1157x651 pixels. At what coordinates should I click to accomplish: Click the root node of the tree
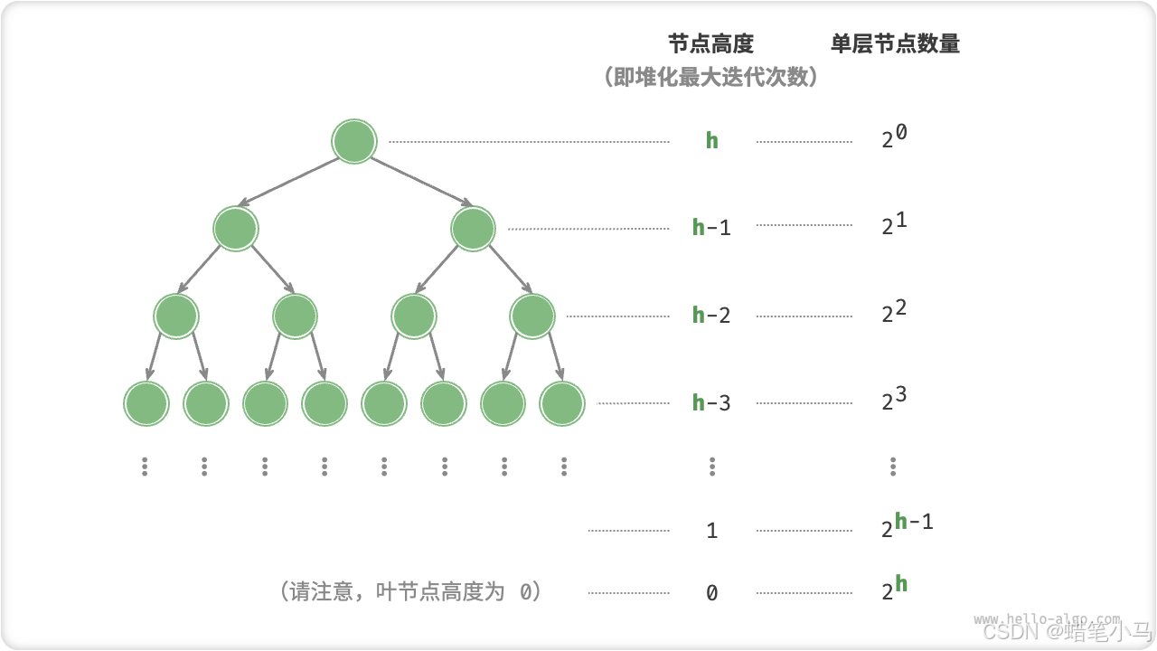click(353, 141)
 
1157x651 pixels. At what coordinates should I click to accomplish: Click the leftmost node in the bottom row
click(146, 403)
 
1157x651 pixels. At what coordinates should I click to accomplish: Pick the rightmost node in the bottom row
click(562, 403)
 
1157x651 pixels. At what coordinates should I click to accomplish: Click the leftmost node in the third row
click(176, 316)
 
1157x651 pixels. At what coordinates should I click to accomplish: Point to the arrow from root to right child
click(422, 182)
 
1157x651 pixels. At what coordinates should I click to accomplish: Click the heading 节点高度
click(710, 43)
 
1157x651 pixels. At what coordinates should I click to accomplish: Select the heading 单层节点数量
click(895, 43)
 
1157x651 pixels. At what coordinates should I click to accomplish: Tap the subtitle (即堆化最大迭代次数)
click(710, 78)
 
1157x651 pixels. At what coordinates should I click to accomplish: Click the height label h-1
click(711, 227)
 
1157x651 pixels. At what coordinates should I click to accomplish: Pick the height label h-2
click(711, 315)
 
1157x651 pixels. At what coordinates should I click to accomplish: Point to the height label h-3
click(711, 402)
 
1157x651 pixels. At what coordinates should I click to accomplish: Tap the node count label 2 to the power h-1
click(907, 525)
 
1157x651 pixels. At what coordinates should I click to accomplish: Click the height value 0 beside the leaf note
click(711, 593)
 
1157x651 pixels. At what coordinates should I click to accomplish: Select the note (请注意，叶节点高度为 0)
click(410, 592)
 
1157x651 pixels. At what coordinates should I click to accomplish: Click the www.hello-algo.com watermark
click(1046, 618)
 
